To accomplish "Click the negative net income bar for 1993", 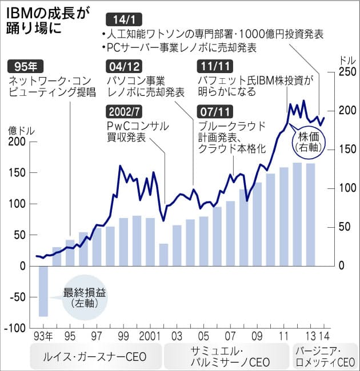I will coord(43,291).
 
